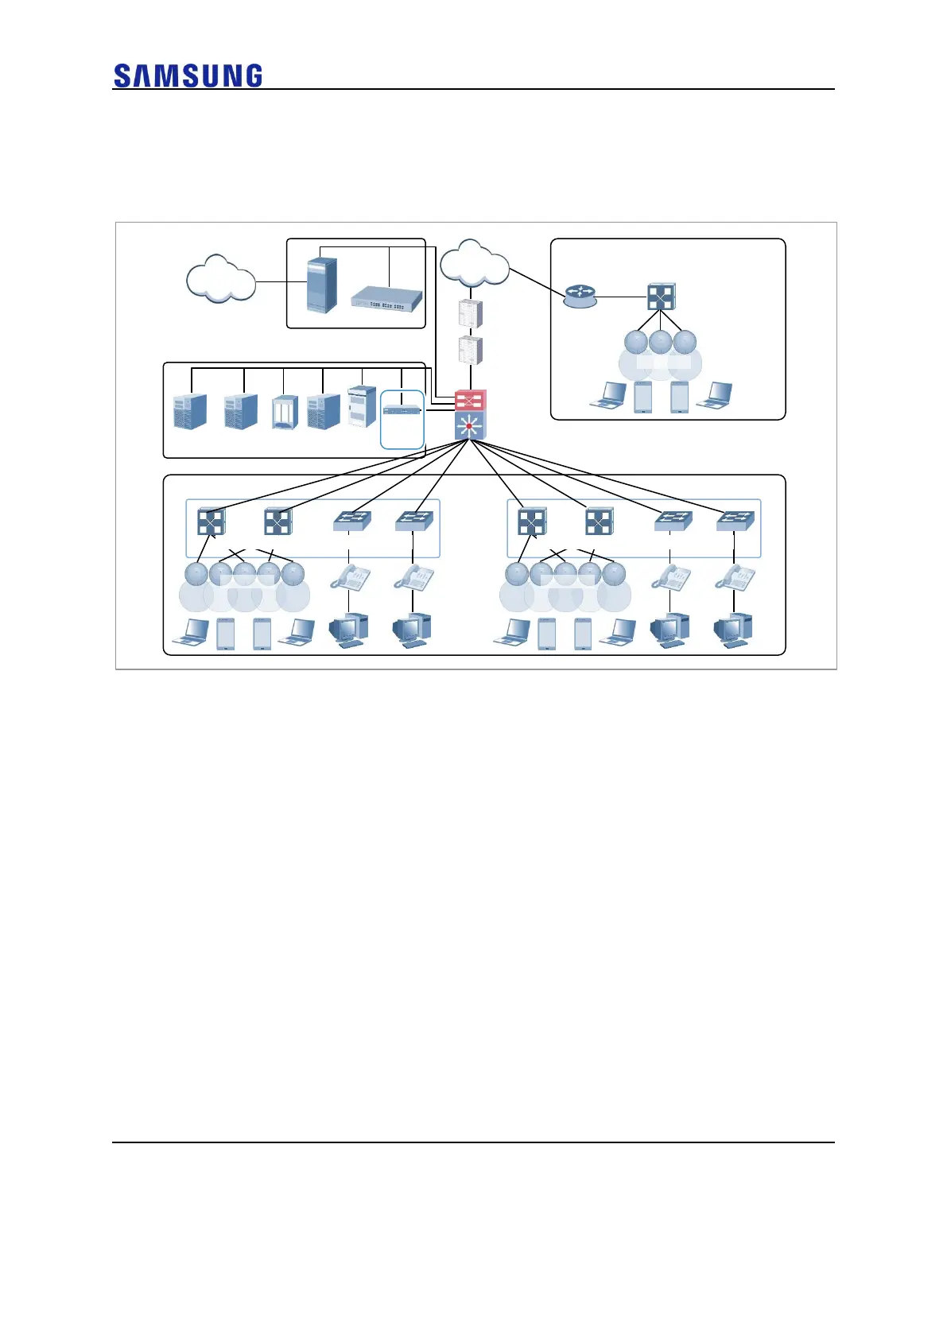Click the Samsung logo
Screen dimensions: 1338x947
tap(188, 76)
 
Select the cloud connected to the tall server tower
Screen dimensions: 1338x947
tap(220, 280)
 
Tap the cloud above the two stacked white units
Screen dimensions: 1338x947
tap(474, 264)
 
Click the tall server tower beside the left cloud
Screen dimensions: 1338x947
tap(321, 284)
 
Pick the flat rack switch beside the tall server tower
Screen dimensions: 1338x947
tap(386, 297)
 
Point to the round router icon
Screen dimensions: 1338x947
tap(579, 297)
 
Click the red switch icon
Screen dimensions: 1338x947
tap(470, 400)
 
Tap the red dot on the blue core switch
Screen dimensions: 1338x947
tap(469, 427)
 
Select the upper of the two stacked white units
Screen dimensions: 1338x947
tap(471, 315)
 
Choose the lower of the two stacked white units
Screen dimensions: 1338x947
tap(471, 351)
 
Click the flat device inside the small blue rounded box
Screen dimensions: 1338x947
tap(402, 410)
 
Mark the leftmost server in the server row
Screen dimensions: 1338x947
tap(190, 411)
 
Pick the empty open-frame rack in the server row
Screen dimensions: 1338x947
tap(284, 412)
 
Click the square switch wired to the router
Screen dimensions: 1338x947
tap(661, 297)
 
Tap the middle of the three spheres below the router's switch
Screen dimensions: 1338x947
tap(660, 342)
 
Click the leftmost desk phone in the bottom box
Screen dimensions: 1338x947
tap(350, 577)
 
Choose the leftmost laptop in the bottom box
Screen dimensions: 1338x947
tap(192, 633)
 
